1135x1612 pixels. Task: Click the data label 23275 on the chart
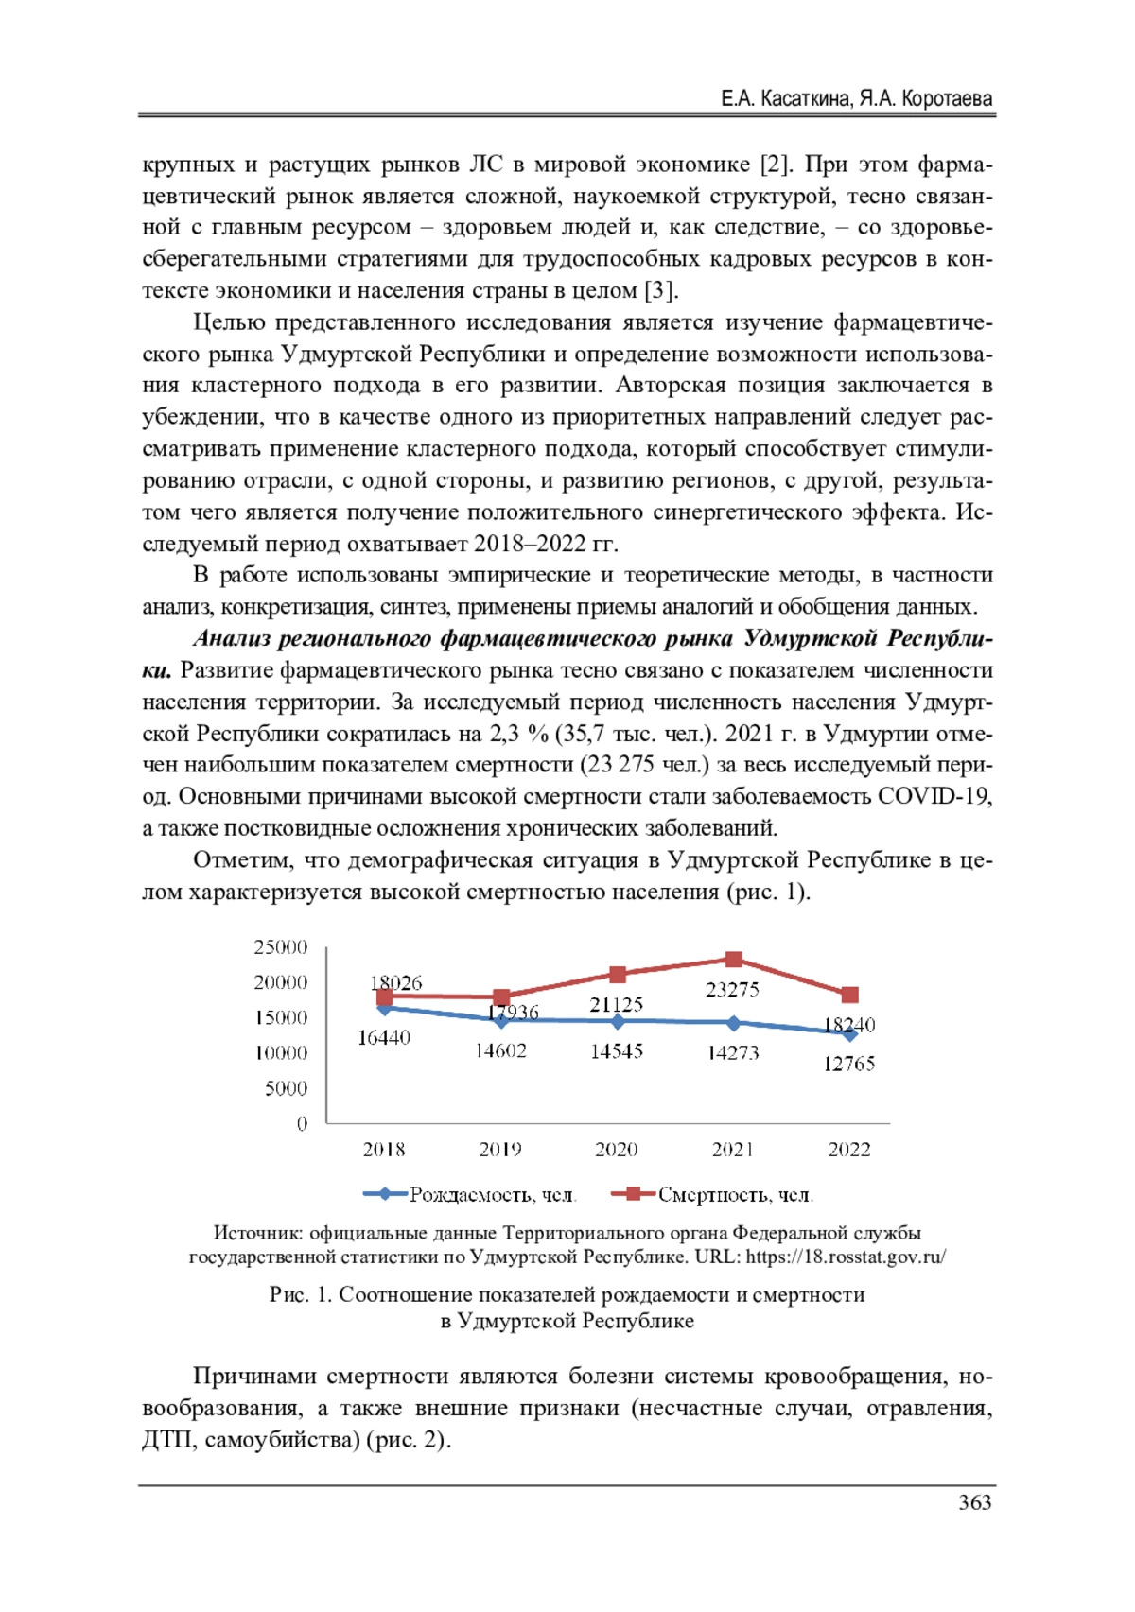click(732, 990)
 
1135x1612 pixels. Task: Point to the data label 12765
click(848, 1064)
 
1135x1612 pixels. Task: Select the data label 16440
click(383, 1037)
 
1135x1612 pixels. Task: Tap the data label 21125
click(616, 1005)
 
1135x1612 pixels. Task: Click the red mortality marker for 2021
click(734, 960)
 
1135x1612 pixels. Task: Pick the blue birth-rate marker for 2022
click(850, 1034)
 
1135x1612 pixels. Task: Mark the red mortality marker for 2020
click(618, 975)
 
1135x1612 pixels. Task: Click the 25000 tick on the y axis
click(281, 947)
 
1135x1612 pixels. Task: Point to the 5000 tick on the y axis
click(286, 1088)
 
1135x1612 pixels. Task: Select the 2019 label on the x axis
click(500, 1150)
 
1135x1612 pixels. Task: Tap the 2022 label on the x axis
click(848, 1150)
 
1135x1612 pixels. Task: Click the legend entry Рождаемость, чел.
click(492, 1195)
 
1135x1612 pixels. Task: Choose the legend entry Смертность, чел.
click(735, 1195)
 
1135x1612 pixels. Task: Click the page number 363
click(974, 1502)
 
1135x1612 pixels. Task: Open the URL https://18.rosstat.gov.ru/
click(846, 1257)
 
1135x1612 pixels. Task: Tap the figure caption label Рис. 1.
click(300, 1294)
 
